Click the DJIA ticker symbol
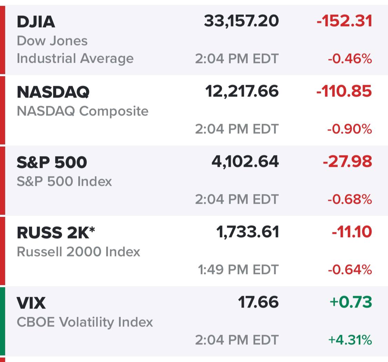point(36,22)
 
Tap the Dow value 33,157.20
point(241,21)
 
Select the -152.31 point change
point(344,21)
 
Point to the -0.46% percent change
point(350,59)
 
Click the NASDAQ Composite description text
point(82,111)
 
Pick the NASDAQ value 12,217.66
point(242,91)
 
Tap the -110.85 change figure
point(344,91)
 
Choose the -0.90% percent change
point(350,129)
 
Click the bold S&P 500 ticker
point(52,162)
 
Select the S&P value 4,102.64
point(245,162)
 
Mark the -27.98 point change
point(347,162)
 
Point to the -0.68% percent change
point(350,200)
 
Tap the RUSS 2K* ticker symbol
point(56,233)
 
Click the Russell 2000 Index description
point(78,252)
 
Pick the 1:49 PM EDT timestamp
point(238,270)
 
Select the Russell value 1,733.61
point(247,232)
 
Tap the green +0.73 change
point(351,302)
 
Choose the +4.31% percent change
point(350,340)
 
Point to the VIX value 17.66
point(258,302)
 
